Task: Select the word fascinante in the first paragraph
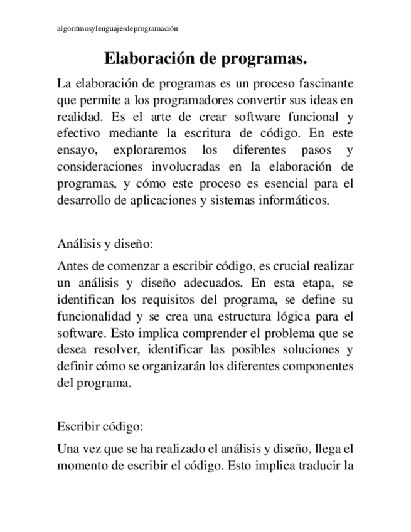coord(323,83)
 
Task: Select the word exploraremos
coord(151,151)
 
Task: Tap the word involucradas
coord(184,168)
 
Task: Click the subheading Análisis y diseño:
coord(105,243)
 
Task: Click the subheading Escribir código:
coord(100,426)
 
